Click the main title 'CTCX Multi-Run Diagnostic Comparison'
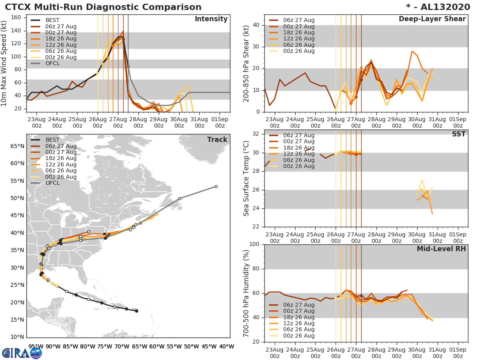(x=103, y=7)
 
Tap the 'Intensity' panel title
(x=211, y=19)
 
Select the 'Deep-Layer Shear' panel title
(x=432, y=19)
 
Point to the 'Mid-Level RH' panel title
(x=441, y=249)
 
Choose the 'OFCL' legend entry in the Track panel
(x=52, y=183)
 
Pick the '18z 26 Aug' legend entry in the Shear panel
(x=298, y=32)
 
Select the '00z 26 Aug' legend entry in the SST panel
(x=298, y=166)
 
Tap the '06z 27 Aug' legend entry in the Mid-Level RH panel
(x=298, y=305)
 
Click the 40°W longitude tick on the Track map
(x=226, y=346)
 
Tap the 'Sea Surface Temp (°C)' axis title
(x=246, y=178)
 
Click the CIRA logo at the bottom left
(x=22, y=352)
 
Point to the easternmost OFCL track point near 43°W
(x=216, y=186)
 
